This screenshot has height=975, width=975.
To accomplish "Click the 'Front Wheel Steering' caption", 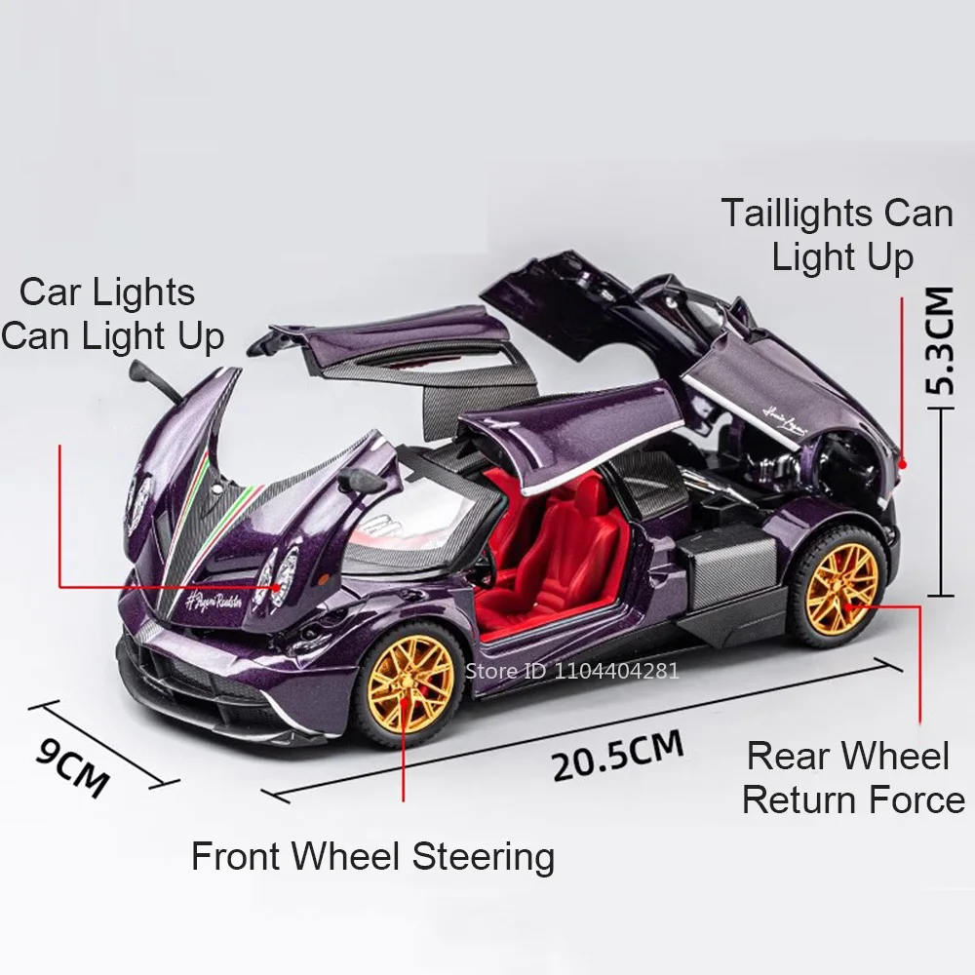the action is click(x=372, y=857).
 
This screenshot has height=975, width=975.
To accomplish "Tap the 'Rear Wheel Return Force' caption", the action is click(x=851, y=778).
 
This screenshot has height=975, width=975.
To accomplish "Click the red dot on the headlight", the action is click(x=280, y=587).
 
